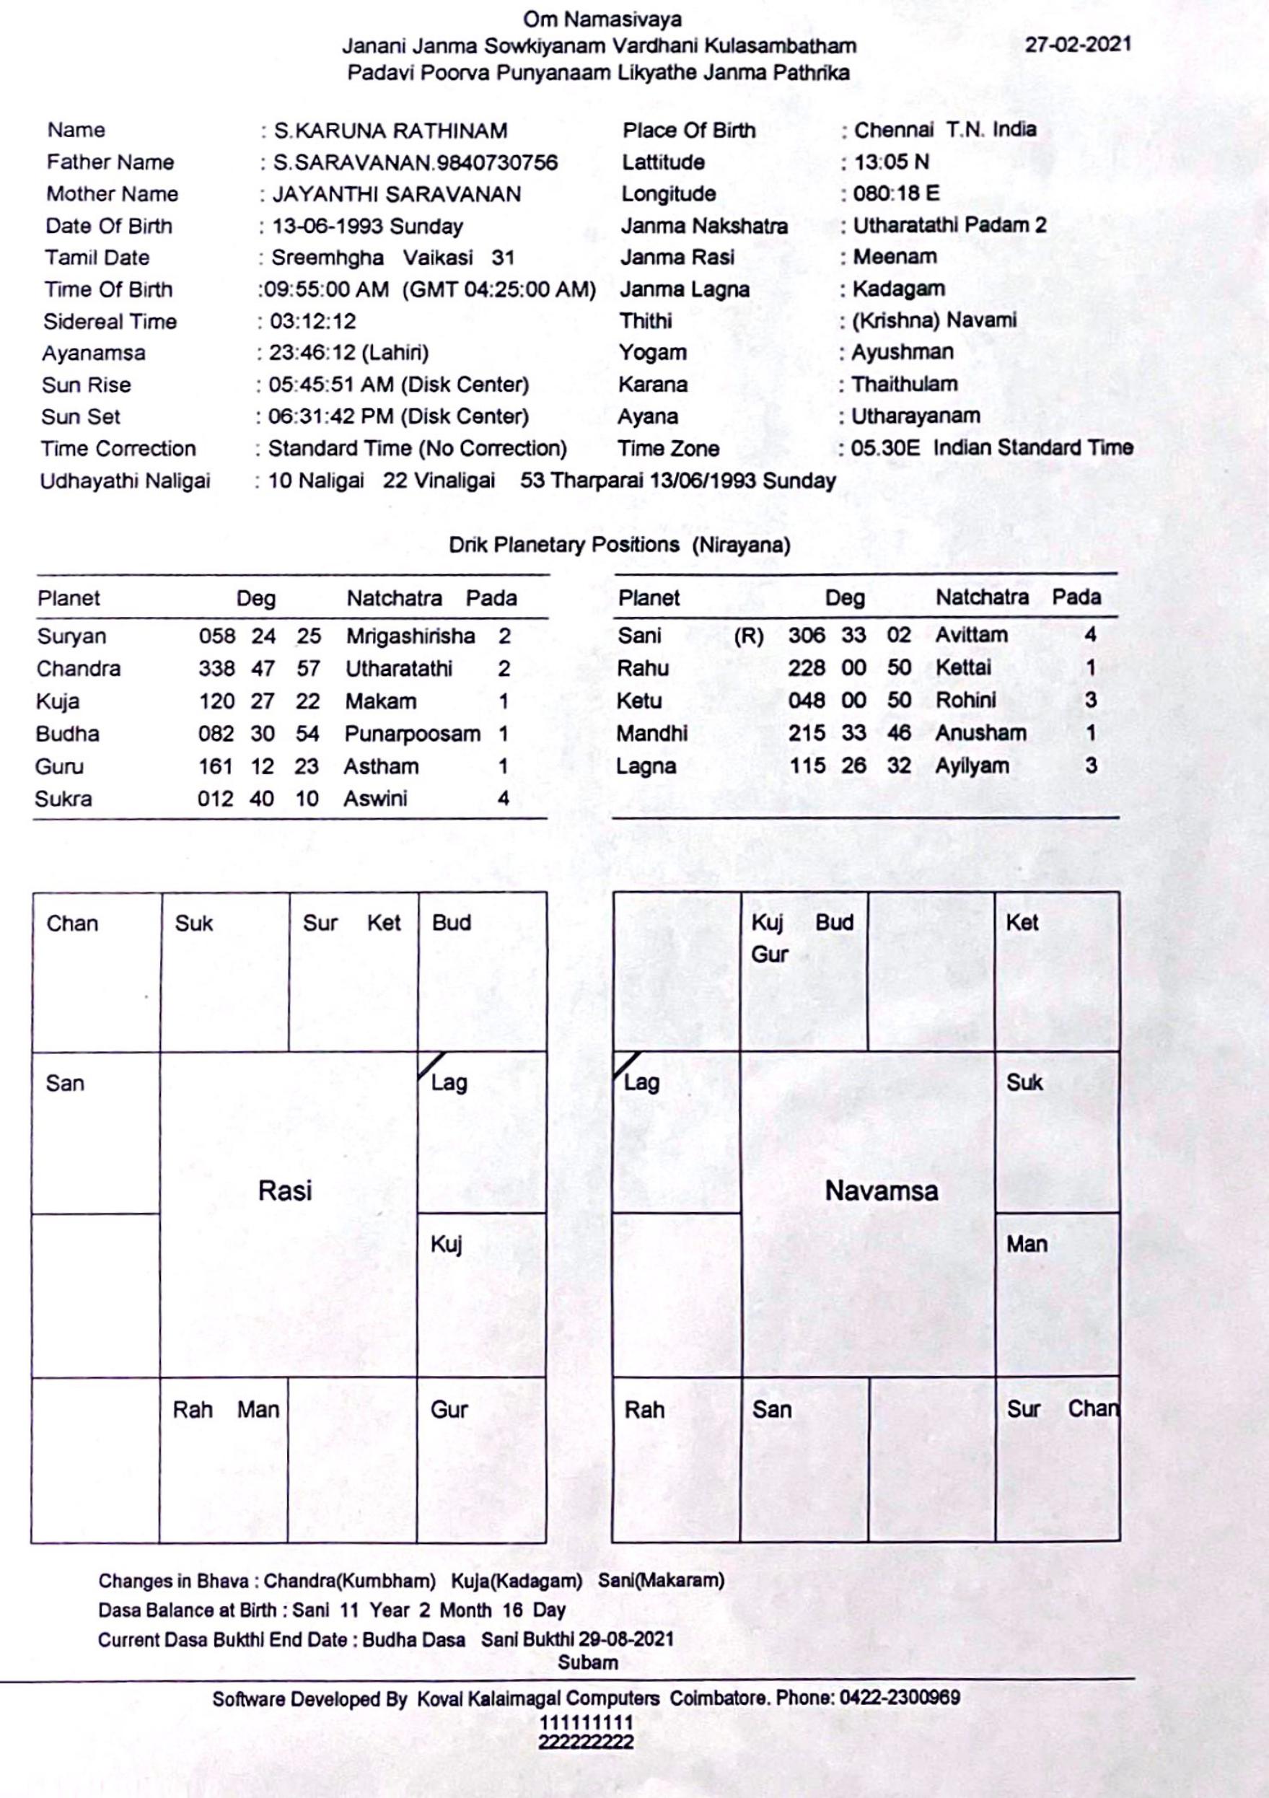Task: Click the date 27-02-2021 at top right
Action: point(1078,44)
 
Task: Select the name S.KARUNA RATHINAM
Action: point(390,131)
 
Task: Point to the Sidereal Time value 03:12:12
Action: point(312,321)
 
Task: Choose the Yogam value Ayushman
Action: point(902,352)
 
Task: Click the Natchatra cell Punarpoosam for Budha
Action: point(412,734)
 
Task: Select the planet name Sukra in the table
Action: point(63,799)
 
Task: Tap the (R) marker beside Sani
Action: point(748,636)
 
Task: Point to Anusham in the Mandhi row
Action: point(980,733)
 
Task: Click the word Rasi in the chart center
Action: point(285,1191)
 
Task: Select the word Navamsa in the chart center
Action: point(881,1191)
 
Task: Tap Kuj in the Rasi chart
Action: point(447,1244)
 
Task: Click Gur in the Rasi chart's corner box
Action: point(449,1410)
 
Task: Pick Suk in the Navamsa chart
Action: point(1024,1083)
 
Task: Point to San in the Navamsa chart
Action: point(771,1410)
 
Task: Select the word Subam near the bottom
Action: point(587,1662)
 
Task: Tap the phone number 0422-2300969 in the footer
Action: point(900,1698)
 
